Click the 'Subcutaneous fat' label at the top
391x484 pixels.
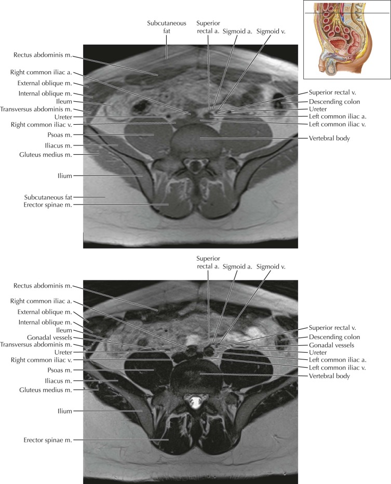pyautogui.click(x=166, y=27)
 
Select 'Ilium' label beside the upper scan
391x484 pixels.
pyautogui.click(x=65, y=176)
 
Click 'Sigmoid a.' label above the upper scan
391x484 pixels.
pyautogui.click(x=237, y=31)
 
